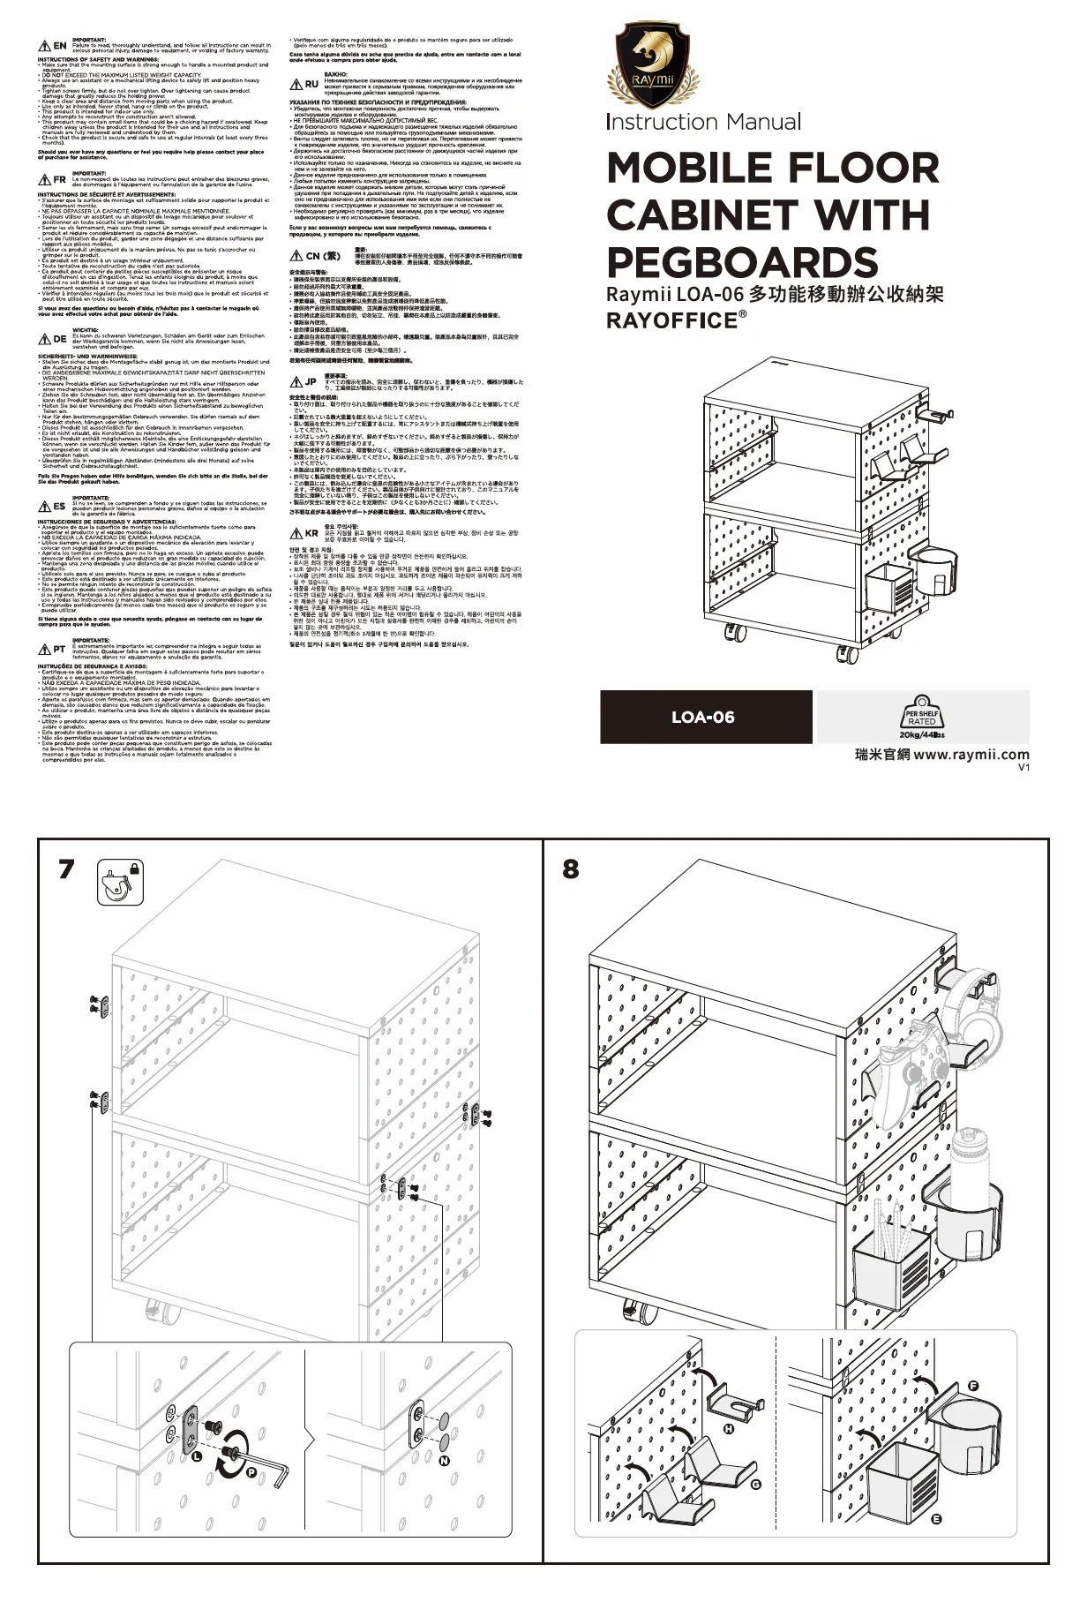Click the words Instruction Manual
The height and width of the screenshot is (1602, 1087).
(x=703, y=122)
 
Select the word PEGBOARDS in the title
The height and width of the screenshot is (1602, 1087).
(x=742, y=261)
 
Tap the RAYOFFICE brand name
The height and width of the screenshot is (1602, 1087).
(x=671, y=320)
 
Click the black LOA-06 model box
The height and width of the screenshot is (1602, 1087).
(x=702, y=717)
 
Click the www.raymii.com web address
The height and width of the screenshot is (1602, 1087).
(x=971, y=755)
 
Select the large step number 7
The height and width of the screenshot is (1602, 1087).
(x=66, y=869)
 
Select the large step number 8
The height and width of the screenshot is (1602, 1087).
(x=571, y=869)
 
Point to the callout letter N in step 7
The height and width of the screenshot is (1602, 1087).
(x=444, y=1460)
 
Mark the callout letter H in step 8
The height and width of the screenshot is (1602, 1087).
(x=730, y=1427)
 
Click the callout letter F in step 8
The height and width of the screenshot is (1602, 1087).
(x=973, y=1387)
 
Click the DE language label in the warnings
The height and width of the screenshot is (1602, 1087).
(x=59, y=339)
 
